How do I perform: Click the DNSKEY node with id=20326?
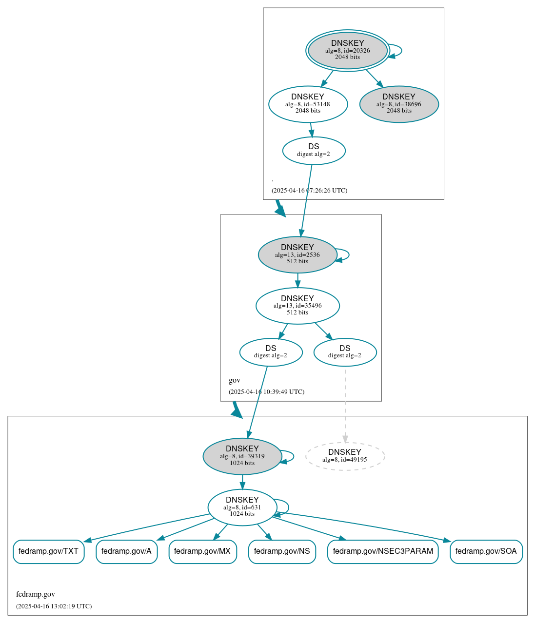pyautogui.click(x=347, y=50)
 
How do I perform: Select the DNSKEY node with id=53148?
pyautogui.click(x=308, y=104)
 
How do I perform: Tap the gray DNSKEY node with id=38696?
pyautogui.click(x=398, y=104)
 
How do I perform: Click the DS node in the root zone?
pyautogui.click(x=314, y=151)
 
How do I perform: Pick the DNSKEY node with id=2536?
pyautogui.click(x=297, y=254)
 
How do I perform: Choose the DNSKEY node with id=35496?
pyautogui.click(x=297, y=306)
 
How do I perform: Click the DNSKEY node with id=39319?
pyautogui.click(x=242, y=456)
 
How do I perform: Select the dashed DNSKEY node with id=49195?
pyautogui.click(x=345, y=456)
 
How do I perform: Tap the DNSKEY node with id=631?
pyautogui.click(x=242, y=507)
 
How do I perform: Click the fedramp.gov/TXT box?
pyautogui.click(x=48, y=551)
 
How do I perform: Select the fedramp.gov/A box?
pyautogui.click(x=126, y=551)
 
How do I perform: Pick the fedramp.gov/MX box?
pyautogui.click(x=202, y=551)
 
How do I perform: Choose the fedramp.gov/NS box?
pyautogui.click(x=282, y=551)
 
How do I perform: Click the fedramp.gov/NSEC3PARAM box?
pyautogui.click(x=383, y=551)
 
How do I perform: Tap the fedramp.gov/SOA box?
pyautogui.click(x=486, y=551)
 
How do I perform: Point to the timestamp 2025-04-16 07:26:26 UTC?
pyautogui.click(x=309, y=191)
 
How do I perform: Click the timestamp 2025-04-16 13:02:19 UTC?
pyautogui.click(x=54, y=606)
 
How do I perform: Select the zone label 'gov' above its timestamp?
pyautogui.click(x=235, y=380)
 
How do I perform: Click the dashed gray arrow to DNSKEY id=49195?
pyautogui.click(x=345, y=405)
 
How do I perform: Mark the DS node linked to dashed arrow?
pyautogui.click(x=345, y=352)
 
